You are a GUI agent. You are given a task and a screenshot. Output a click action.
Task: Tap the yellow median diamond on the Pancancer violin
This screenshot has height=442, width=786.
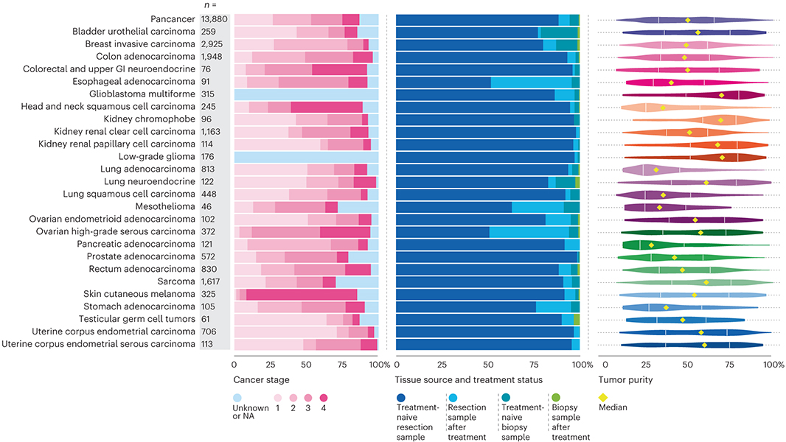click(x=688, y=20)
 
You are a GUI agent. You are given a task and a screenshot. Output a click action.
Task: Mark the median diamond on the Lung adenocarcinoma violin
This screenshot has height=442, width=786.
click(x=655, y=169)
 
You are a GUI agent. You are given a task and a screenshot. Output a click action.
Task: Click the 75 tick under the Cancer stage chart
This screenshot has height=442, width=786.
click(x=343, y=364)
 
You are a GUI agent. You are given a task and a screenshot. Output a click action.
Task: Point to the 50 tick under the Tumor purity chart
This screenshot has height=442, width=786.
click(x=688, y=364)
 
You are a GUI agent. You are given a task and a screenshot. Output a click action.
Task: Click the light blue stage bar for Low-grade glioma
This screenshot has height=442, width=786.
click(x=306, y=157)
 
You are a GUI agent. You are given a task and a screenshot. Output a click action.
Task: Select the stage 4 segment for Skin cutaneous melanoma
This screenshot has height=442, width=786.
click(x=302, y=295)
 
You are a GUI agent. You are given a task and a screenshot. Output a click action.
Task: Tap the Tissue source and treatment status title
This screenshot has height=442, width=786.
click(x=469, y=379)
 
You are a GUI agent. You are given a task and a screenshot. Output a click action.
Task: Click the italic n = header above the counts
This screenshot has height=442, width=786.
click(x=209, y=6)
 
